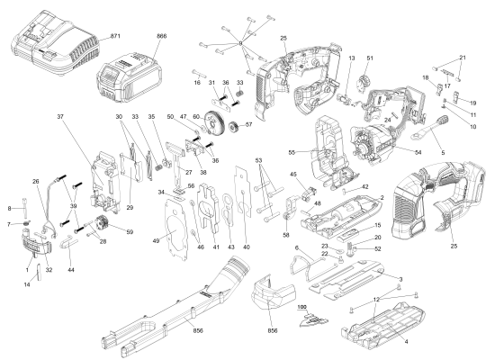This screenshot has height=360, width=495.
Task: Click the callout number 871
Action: pos(114,34)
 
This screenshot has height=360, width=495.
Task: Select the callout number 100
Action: pos(302,308)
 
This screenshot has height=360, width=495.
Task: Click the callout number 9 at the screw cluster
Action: pos(241,42)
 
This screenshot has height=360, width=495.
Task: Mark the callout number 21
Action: pos(463,58)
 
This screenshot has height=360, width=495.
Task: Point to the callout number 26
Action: pos(35,182)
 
